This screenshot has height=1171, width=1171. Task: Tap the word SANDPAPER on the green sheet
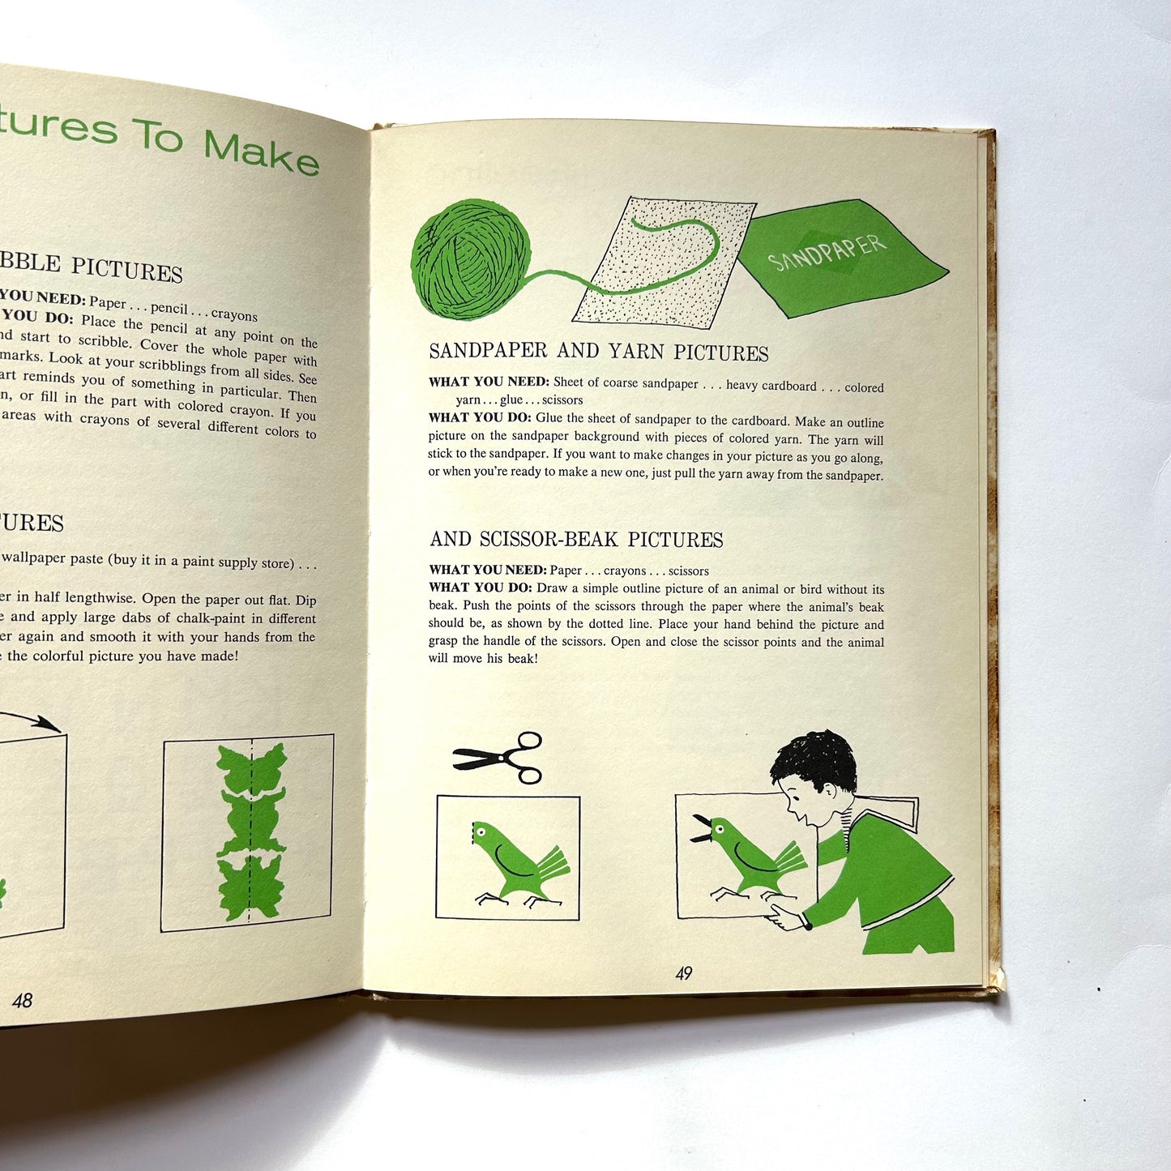click(x=827, y=252)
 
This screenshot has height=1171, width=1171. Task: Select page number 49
click(x=683, y=973)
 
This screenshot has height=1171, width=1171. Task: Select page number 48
click(x=22, y=1000)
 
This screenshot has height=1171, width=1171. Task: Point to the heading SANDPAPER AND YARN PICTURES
click(x=598, y=352)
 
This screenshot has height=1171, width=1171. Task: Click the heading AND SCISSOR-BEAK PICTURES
click(x=576, y=540)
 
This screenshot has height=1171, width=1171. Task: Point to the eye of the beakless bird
click(x=481, y=831)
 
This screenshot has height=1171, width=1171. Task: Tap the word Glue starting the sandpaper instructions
click(x=549, y=421)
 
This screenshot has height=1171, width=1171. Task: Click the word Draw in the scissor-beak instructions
click(x=551, y=588)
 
